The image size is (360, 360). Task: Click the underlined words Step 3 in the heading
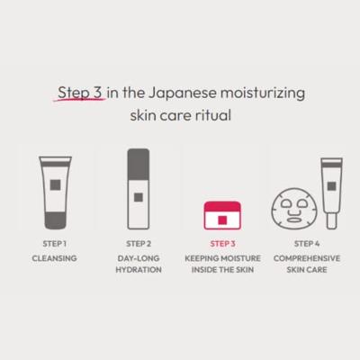[x=80, y=93]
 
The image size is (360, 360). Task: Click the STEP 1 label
[x=55, y=243]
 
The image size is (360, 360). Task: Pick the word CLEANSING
[x=55, y=257]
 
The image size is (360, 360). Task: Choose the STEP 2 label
[x=139, y=243]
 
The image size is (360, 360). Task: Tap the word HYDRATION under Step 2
[x=139, y=271]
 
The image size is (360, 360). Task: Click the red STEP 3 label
[x=221, y=243]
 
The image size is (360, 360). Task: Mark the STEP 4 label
[x=304, y=243]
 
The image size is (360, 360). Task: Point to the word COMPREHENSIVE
[x=304, y=257]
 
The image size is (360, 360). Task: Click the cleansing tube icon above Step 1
[x=55, y=190]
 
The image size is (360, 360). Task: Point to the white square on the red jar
[x=221, y=220]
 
